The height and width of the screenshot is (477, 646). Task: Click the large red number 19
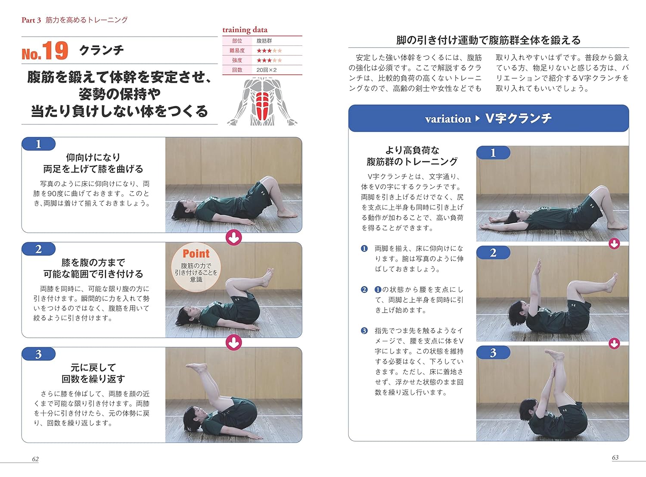[55, 51]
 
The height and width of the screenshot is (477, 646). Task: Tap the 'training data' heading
[245, 30]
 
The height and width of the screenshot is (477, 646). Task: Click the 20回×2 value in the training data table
[266, 70]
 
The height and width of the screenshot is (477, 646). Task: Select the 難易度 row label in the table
[237, 50]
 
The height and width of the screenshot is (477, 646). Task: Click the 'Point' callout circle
[196, 267]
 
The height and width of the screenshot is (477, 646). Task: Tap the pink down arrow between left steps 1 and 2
[234, 237]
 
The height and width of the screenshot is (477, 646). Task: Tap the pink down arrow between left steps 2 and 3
[234, 343]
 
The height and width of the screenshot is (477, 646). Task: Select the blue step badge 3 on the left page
[39, 354]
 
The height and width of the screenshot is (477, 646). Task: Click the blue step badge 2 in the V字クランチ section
[493, 253]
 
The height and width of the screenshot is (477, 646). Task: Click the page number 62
[35, 459]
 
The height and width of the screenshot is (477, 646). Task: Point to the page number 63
[615, 458]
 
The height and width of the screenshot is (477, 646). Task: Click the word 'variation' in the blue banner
[448, 119]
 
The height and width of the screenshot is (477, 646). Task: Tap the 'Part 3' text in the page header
[31, 20]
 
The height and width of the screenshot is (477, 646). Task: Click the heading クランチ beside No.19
[102, 50]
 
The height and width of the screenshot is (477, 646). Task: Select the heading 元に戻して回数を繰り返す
[93, 373]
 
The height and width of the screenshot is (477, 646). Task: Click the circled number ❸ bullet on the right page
[364, 331]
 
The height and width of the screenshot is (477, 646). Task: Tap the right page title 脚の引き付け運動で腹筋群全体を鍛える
[488, 40]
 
